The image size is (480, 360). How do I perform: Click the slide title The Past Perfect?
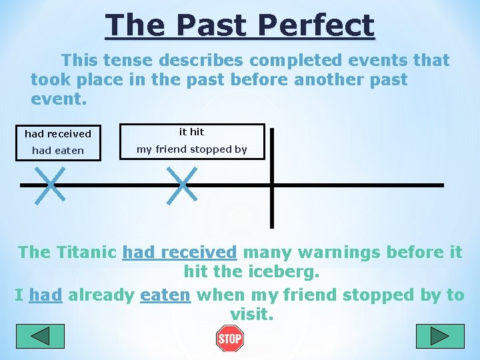click(x=240, y=25)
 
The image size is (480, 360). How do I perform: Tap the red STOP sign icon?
click(x=230, y=339)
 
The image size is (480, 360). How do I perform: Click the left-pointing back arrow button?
click(x=40, y=336)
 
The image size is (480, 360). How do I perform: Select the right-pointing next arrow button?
click(x=439, y=336)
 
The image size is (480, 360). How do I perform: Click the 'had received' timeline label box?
click(x=58, y=134)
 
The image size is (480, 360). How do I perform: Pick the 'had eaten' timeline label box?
click(x=58, y=151)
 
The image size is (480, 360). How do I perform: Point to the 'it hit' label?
click(x=192, y=132)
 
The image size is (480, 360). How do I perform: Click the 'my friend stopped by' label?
click(x=192, y=149)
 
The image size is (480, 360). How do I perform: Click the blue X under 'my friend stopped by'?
click(x=182, y=184)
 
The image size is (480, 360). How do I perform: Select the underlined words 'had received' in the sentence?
click(x=180, y=253)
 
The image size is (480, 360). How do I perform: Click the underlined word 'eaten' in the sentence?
click(x=165, y=295)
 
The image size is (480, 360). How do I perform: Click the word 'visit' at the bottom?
click(x=251, y=314)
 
